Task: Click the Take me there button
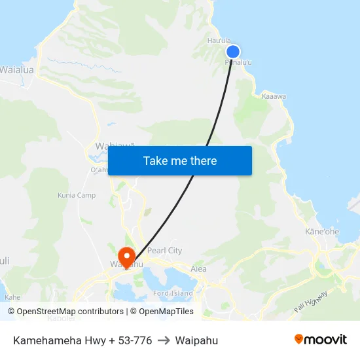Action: tap(180, 160)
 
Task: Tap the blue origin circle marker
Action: tap(232, 52)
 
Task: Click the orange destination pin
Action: tap(126, 255)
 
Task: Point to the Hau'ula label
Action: tap(219, 41)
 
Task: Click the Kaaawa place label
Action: tap(274, 96)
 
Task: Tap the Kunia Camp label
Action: tap(77, 195)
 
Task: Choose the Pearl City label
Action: tap(165, 251)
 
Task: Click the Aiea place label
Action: tap(198, 268)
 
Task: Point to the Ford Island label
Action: tap(173, 293)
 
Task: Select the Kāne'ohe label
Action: tap(322, 232)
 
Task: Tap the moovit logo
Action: tap(320, 340)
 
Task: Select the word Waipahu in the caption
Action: tap(196, 340)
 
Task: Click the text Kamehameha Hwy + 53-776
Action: tap(82, 340)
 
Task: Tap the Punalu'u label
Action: tap(238, 63)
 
